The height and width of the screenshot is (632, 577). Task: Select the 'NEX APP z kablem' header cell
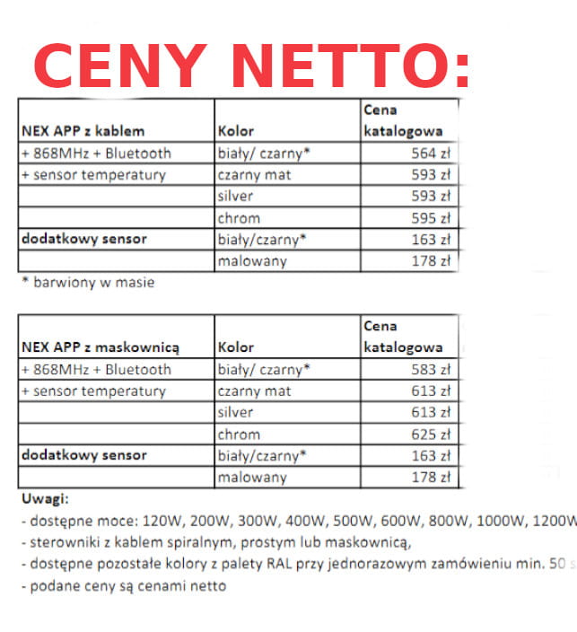coord(83,131)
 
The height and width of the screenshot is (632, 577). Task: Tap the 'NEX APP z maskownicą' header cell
coord(101,347)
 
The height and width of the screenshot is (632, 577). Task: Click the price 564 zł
coord(430,153)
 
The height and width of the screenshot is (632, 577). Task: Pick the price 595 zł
coord(430,218)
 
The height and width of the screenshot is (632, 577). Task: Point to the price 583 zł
coord(430,369)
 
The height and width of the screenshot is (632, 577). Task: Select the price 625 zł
coord(430,434)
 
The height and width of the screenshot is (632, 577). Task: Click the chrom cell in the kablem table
coord(239,218)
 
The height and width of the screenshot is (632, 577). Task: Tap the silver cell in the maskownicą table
coord(235,413)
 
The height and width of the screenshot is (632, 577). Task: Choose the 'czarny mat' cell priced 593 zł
coord(255,174)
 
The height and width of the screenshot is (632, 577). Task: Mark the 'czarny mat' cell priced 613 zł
coord(255,391)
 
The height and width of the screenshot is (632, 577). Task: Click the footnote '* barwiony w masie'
coord(88,283)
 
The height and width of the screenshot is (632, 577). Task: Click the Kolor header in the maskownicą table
coord(236,347)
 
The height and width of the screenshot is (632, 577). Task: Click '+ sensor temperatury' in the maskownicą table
coord(93,391)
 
